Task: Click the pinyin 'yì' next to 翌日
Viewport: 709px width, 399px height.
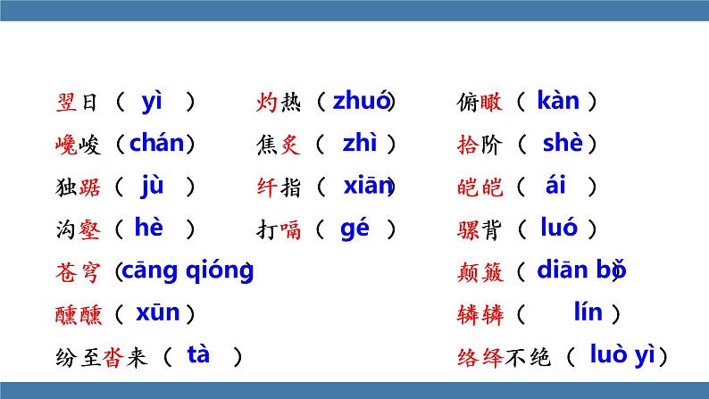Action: coord(152,101)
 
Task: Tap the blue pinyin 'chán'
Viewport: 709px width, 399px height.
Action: coord(156,143)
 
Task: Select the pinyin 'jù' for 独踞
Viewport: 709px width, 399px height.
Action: coord(152,186)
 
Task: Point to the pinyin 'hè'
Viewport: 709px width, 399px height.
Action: coord(148,228)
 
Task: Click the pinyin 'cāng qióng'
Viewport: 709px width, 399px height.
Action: coord(187,270)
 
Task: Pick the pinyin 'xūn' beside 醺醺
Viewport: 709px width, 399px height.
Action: coord(157,312)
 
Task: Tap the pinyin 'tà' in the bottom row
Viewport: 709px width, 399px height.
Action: coord(198,354)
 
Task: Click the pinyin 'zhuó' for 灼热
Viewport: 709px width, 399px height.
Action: coord(361,101)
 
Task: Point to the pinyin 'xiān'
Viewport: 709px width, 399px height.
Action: coord(368,186)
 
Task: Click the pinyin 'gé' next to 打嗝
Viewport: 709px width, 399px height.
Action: coord(354,228)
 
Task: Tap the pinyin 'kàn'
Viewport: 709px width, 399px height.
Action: coord(558,101)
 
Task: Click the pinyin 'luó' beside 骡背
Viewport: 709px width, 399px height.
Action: coord(559,228)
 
